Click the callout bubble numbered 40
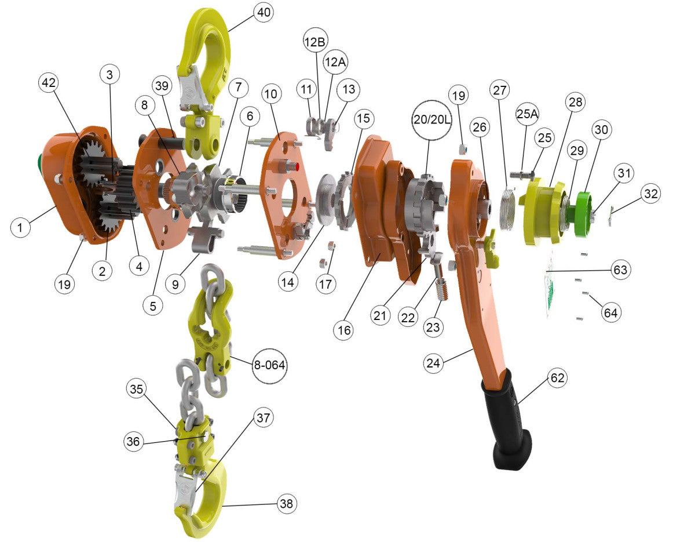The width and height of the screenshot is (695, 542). click(x=264, y=13)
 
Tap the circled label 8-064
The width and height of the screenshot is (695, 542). click(x=269, y=366)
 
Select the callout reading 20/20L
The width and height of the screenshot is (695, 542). click(x=432, y=120)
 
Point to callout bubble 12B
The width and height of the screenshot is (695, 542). click(x=315, y=42)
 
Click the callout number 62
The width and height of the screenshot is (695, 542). click(x=558, y=378)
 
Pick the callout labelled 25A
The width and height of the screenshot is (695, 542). click(x=527, y=114)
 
